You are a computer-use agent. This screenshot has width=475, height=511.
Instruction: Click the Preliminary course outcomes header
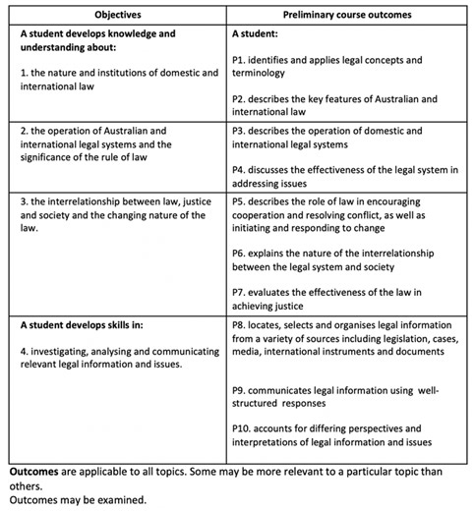click(346, 16)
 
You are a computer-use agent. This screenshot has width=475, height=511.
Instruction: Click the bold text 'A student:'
click(257, 33)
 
